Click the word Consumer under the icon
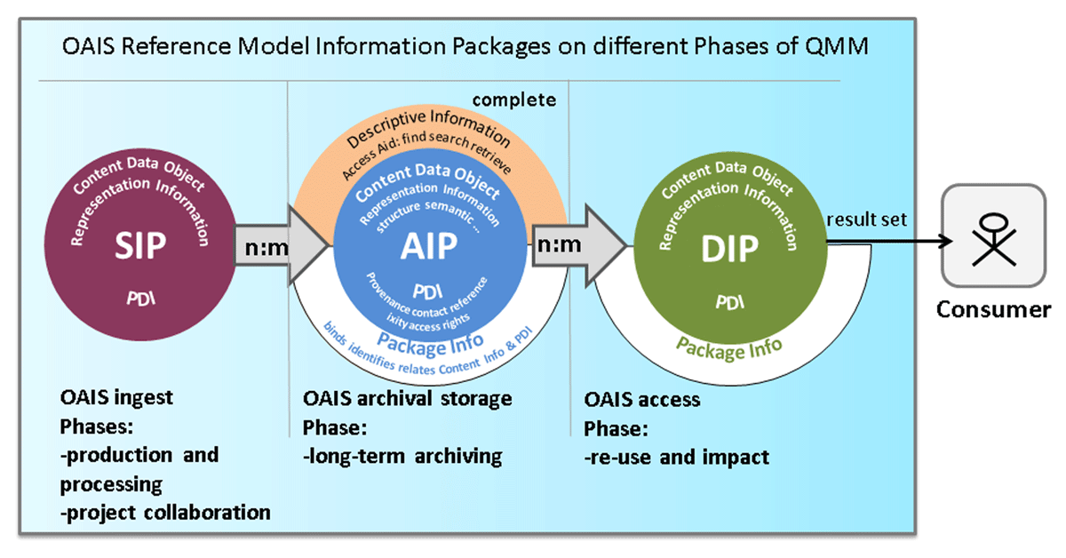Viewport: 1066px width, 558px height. tap(992, 309)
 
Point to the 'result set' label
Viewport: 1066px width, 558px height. tap(866, 219)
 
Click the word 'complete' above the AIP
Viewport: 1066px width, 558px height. tap(513, 100)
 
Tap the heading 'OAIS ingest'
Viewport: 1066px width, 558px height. tap(117, 397)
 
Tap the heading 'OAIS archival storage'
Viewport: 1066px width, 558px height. tap(408, 397)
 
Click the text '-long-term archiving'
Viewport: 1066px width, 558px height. tap(402, 456)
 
